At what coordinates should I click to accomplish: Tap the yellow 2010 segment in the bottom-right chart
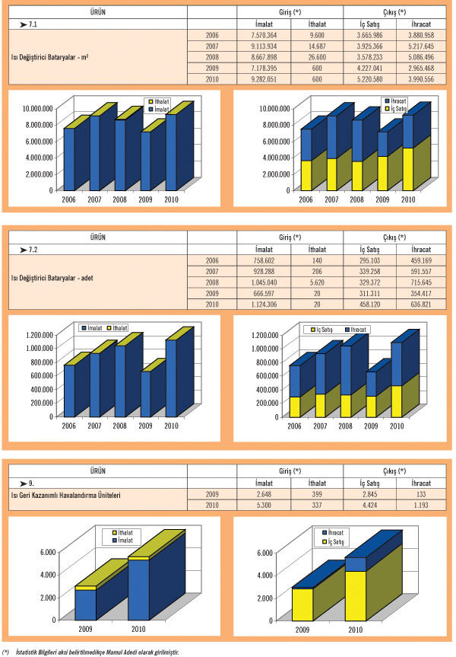[x=356, y=595]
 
